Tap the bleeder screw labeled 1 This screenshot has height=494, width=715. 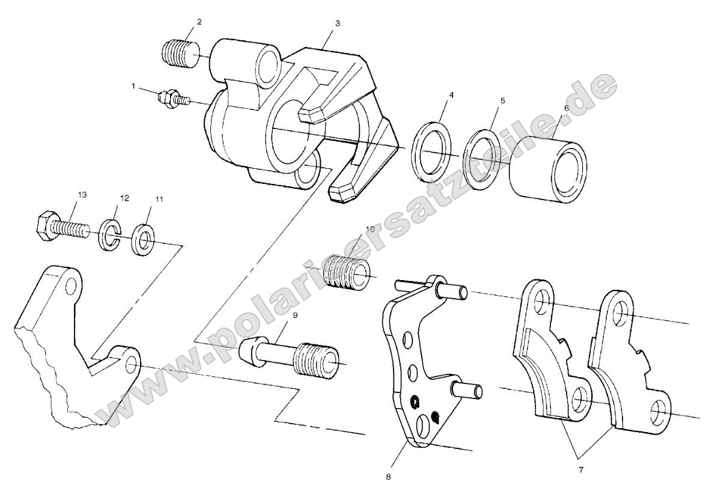pyautogui.click(x=172, y=98)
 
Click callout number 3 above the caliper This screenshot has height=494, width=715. pyautogui.click(x=338, y=23)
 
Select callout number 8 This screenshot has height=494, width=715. pyautogui.click(x=388, y=475)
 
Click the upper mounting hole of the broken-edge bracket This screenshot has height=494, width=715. pyautogui.click(x=71, y=286)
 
